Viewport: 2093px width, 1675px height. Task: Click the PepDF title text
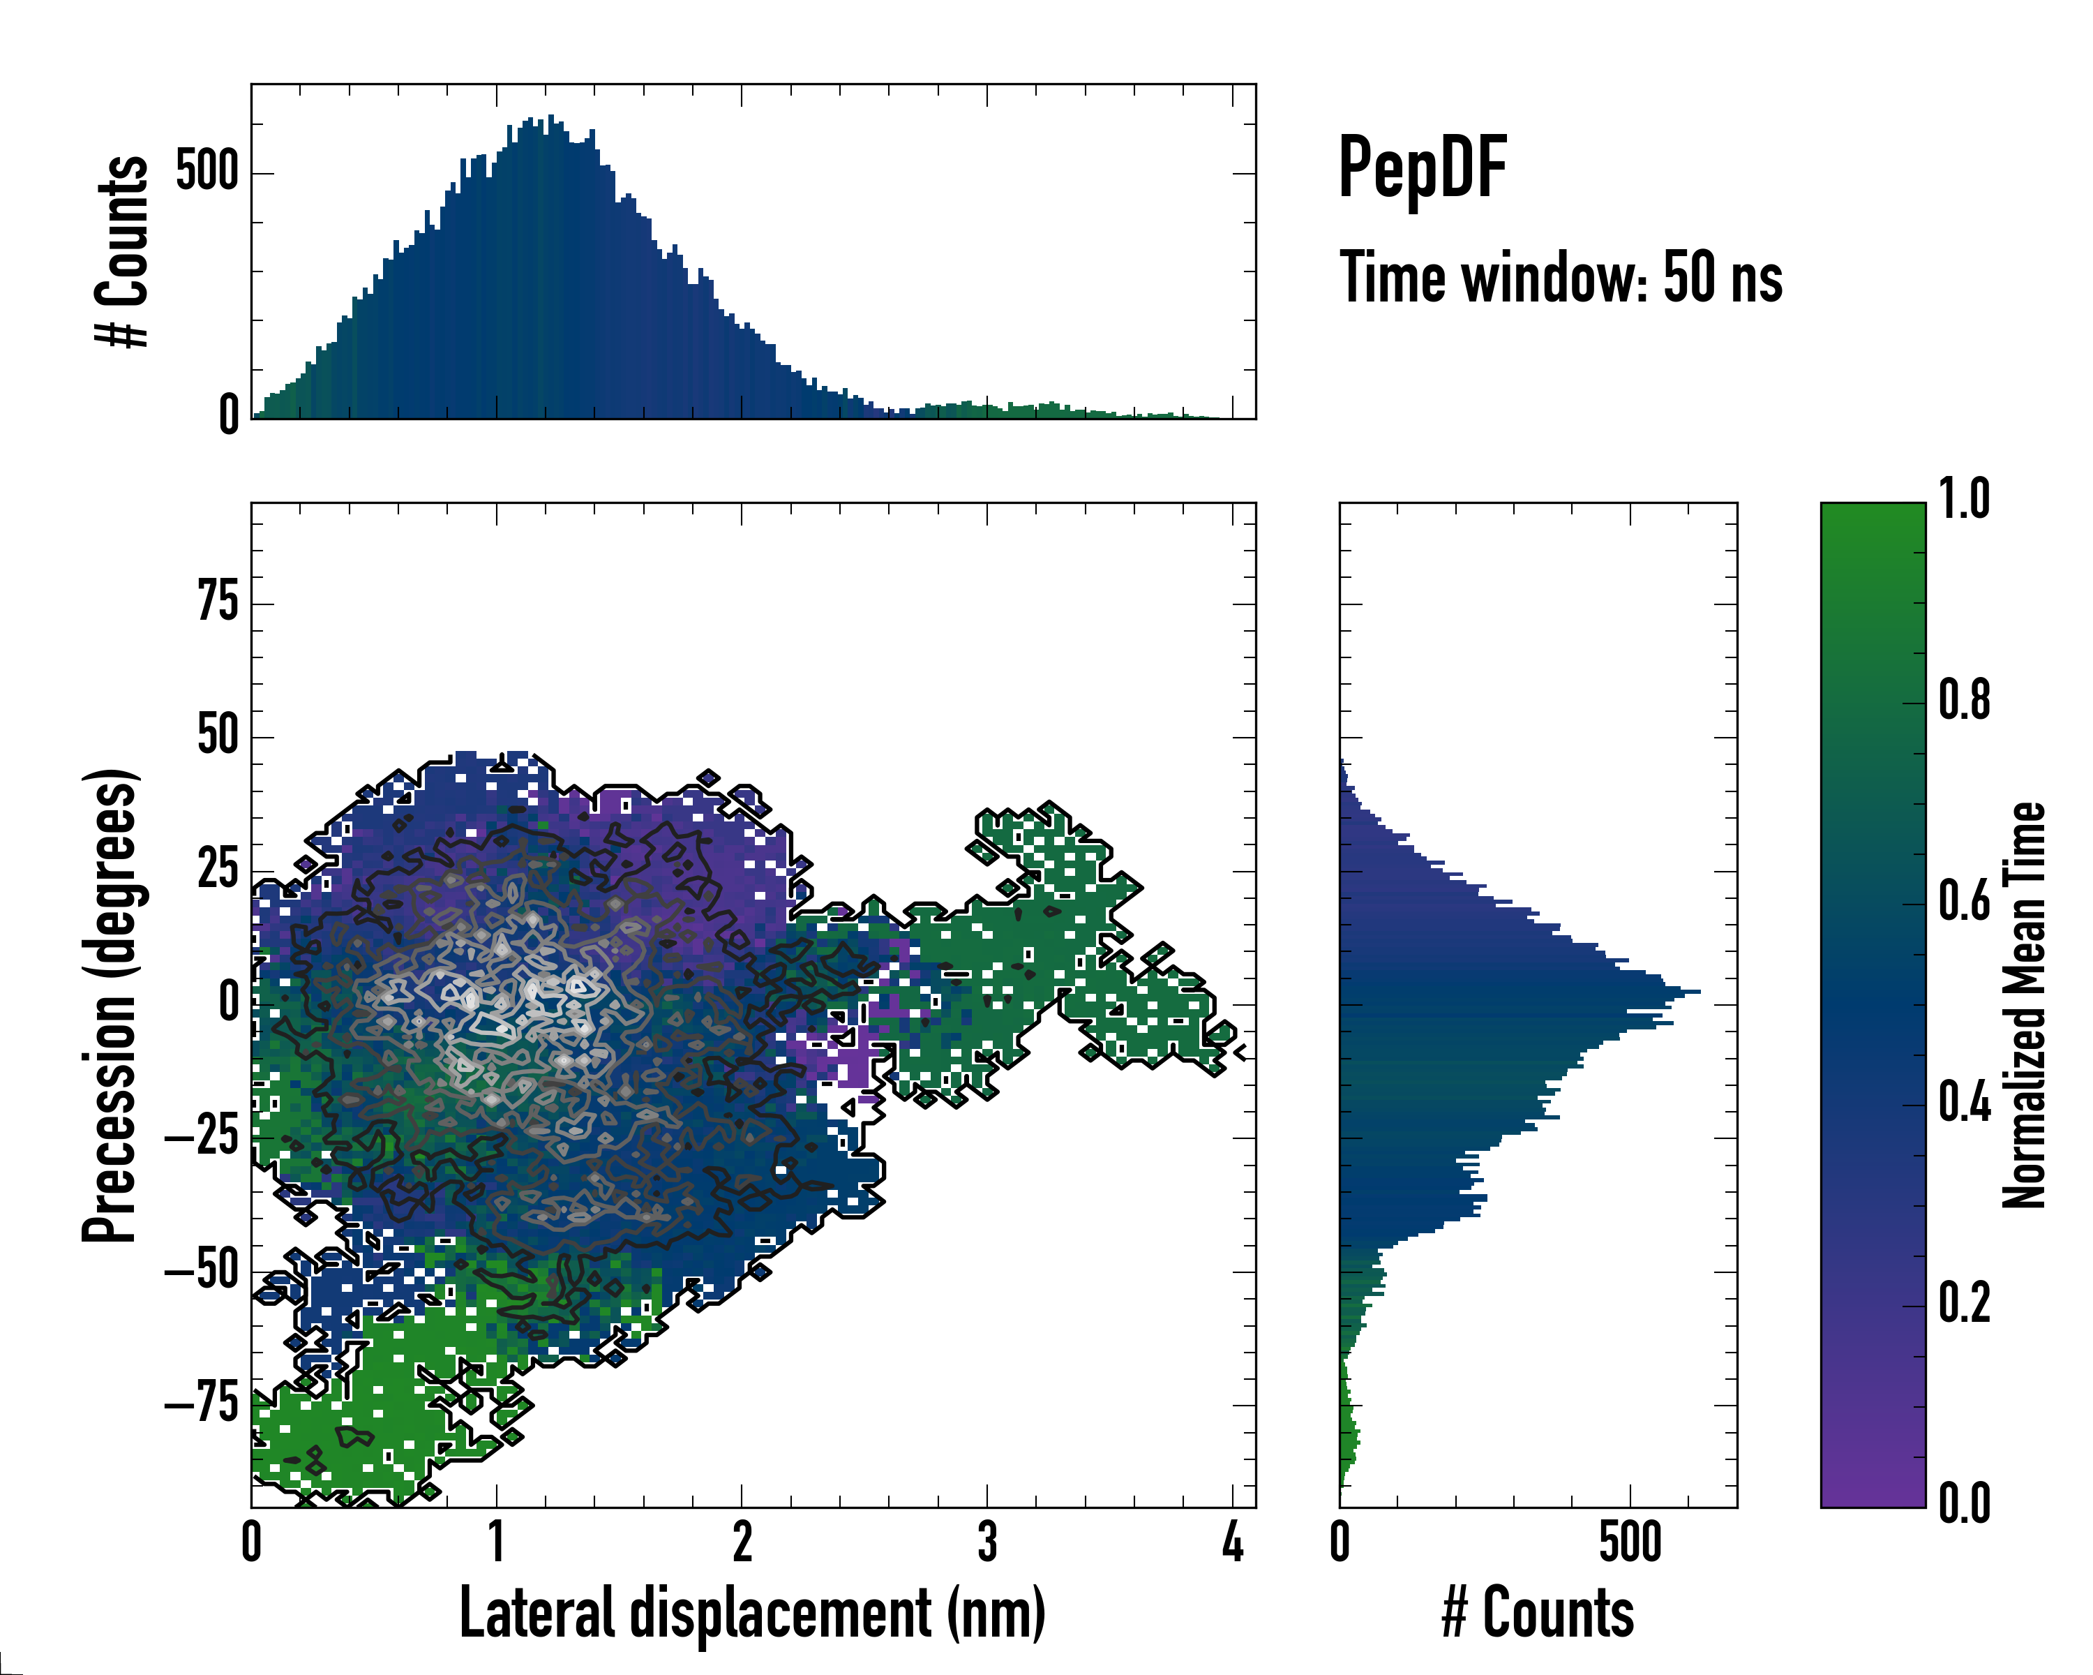tap(1422, 168)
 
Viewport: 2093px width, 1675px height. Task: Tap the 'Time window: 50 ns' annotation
tap(1561, 278)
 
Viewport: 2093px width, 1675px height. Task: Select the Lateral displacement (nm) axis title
tap(752, 1613)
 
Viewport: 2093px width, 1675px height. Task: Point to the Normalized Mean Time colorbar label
tap(2024, 1005)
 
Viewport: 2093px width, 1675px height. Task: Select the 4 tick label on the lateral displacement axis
tap(1233, 1542)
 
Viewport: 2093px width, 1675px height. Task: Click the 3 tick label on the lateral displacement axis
tap(987, 1542)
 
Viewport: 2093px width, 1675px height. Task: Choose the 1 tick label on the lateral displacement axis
tap(496, 1542)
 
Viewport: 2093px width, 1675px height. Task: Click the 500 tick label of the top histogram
tap(207, 173)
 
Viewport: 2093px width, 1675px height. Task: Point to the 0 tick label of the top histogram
tap(229, 415)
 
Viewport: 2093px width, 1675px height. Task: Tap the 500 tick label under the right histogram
tap(1630, 1542)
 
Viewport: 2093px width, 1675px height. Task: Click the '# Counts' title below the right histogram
tap(1538, 1613)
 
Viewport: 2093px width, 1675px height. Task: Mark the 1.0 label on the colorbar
tap(1964, 500)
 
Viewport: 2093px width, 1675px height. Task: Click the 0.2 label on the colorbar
tap(1964, 1303)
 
